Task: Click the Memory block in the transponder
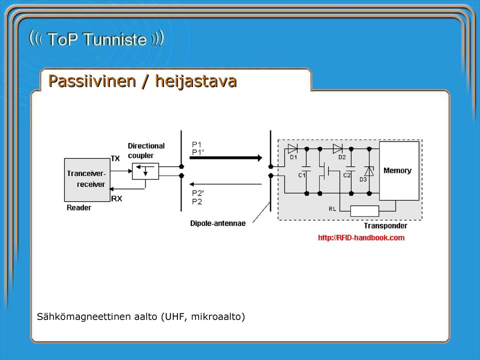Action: tap(399, 171)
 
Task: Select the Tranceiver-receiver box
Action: tap(87, 179)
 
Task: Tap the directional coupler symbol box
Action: tap(145, 171)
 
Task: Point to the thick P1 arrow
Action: tap(226, 158)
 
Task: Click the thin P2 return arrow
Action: tap(225, 184)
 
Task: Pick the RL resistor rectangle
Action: tap(364, 211)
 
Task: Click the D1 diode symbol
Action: tap(292, 149)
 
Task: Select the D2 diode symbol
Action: tap(337, 149)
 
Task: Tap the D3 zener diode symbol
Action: tap(369, 171)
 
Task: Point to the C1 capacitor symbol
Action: tap(306, 168)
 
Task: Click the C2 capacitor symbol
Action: tap(351, 168)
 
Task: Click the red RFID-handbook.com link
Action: tap(361, 238)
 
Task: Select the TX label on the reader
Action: tap(115, 158)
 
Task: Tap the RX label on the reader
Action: tap(116, 199)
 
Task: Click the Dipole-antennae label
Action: tap(218, 223)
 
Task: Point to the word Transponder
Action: tap(385, 226)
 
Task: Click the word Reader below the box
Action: tap(79, 208)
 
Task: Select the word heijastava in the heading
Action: tap(196, 81)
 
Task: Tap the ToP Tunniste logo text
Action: tap(96, 39)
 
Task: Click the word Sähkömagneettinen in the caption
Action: tap(84, 316)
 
